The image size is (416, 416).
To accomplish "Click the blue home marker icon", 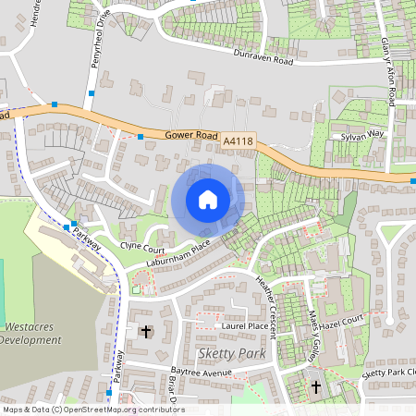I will tap(208, 198).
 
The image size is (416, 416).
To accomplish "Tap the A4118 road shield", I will tap(238, 141).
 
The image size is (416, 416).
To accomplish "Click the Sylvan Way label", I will tap(363, 134).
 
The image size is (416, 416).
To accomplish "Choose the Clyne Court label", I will tap(142, 249).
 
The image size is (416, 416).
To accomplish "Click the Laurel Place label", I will tap(244, 326).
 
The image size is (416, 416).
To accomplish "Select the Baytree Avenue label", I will tap(193, 372).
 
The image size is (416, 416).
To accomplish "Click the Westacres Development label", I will tap(31, 333).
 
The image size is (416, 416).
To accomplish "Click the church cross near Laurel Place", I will tap(145, 330).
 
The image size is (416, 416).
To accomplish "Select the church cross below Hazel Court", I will tap(316, 385).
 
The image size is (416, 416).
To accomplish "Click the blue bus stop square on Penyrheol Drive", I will tap(92, 92).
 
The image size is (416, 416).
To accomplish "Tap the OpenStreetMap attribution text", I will tap(92, 410).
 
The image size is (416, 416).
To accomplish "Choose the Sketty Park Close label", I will tap(389, 372).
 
